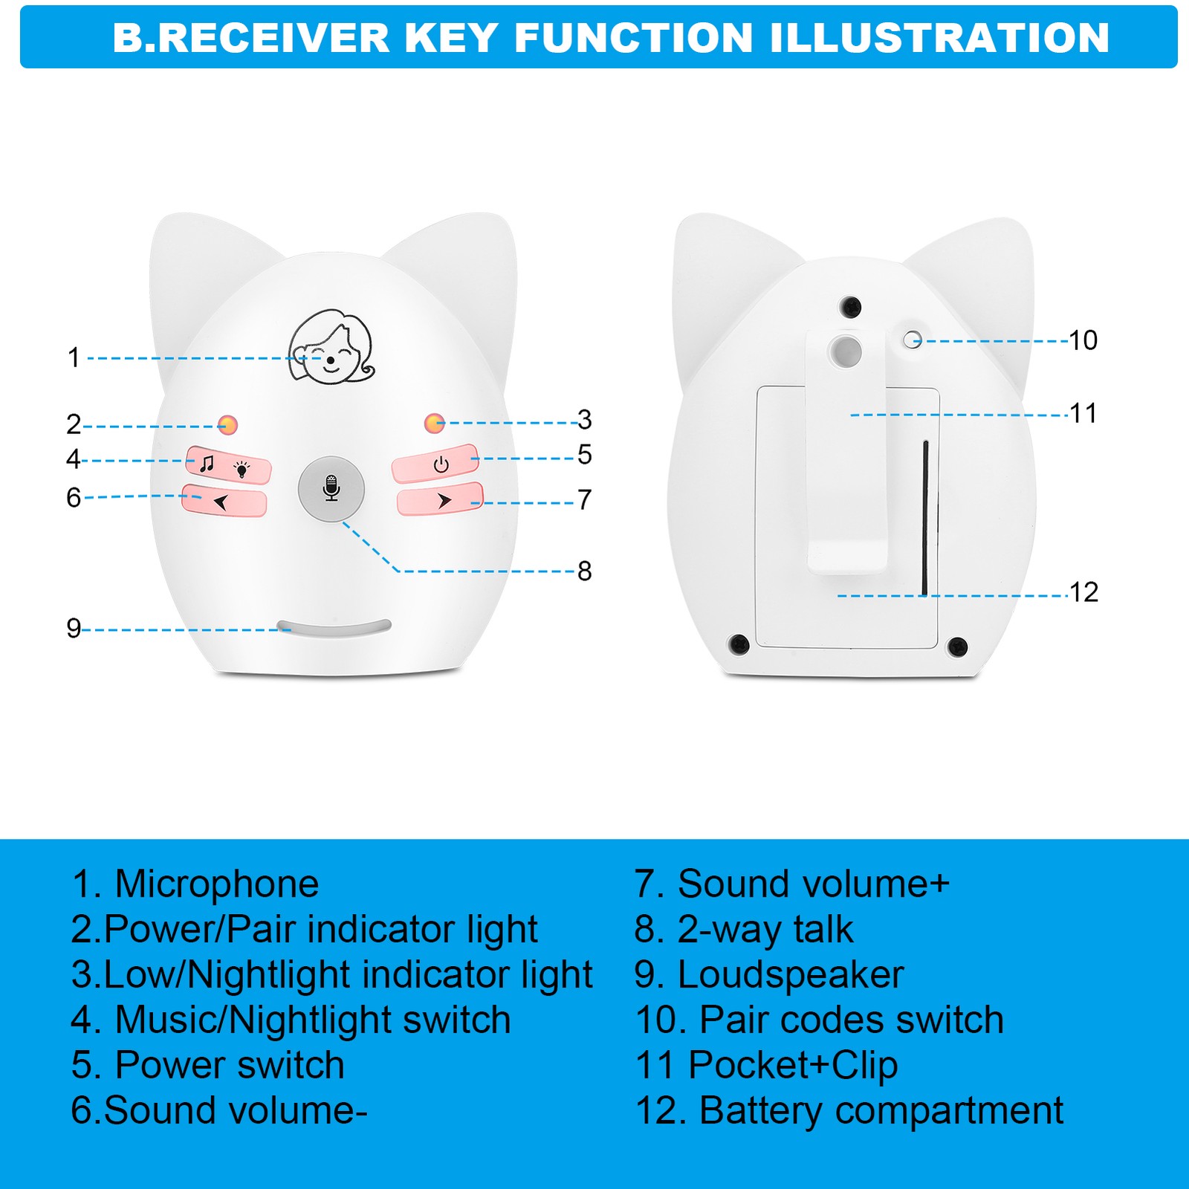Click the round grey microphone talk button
tap(331, 489)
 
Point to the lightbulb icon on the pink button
tap(242, 469)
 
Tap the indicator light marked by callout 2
tap(227, 425)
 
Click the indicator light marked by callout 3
tap(434, 423)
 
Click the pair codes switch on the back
tap(912, 340)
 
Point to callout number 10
tap(1083, 340)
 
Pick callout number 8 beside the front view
tap(585, 571)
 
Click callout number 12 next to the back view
tap(1083, 592)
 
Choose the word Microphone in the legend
tap(217, 884)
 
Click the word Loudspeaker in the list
tap(791, 975)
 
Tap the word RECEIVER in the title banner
tap(273, 38)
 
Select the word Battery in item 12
tap(761, 1111)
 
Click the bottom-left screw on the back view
tap(738, 644)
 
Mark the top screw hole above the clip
tap(850, 306)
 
